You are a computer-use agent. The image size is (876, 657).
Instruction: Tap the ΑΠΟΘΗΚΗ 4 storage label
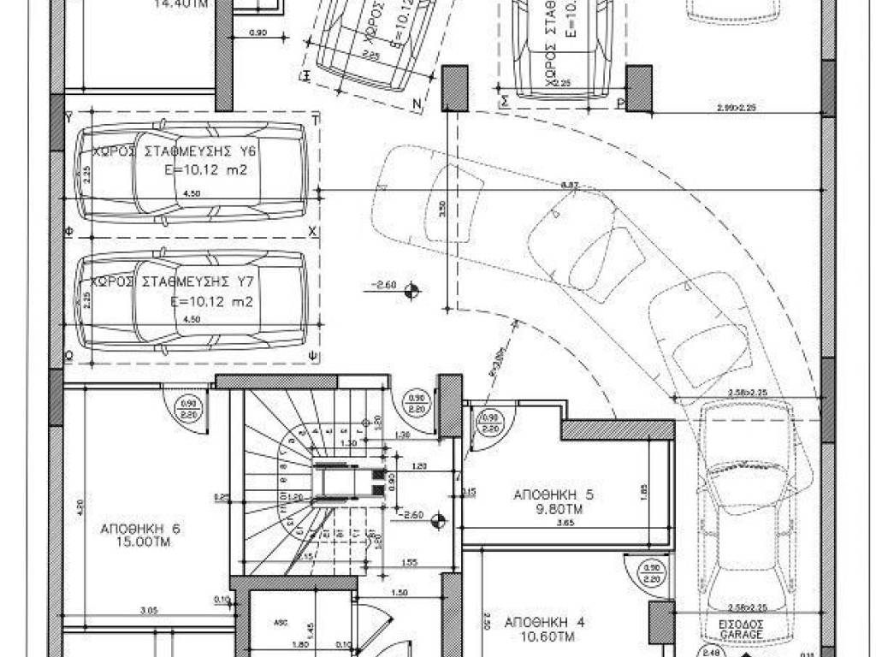tap(544, 622)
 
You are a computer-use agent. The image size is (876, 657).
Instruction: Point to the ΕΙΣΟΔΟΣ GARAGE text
tap(742, 629)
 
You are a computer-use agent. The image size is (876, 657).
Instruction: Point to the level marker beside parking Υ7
tap(411, 291)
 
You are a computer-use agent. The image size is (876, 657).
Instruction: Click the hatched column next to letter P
tap(639, 88)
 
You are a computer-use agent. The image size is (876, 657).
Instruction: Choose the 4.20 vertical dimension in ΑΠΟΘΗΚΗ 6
tap(78, 506)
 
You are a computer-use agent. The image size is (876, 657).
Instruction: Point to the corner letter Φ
tap(68, 232)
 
